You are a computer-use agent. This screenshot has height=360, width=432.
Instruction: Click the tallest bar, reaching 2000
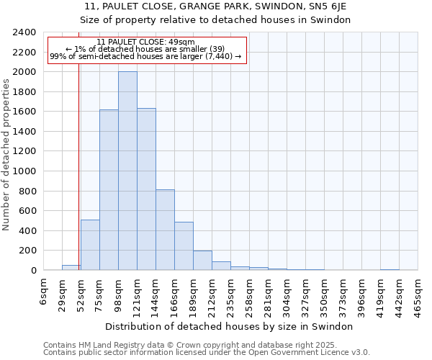(127, 171)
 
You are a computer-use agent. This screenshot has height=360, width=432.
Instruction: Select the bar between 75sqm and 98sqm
(109, 190)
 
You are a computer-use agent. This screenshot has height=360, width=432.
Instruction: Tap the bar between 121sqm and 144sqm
(146, 189)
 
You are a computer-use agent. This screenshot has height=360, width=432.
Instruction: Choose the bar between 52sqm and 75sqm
(90, 245)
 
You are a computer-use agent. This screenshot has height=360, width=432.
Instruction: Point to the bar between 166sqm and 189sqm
(184, 246)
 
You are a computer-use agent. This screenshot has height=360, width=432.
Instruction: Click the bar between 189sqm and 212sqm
(202, 261)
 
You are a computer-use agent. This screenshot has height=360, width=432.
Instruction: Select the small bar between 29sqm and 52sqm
(71, 268)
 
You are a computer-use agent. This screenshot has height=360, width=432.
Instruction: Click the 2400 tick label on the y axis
(24, 32)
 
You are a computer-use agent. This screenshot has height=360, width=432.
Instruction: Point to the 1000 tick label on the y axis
(24, 171)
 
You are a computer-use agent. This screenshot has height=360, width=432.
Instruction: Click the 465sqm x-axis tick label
(418, 293)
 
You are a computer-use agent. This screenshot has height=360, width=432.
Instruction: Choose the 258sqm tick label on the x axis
(250, 293)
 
